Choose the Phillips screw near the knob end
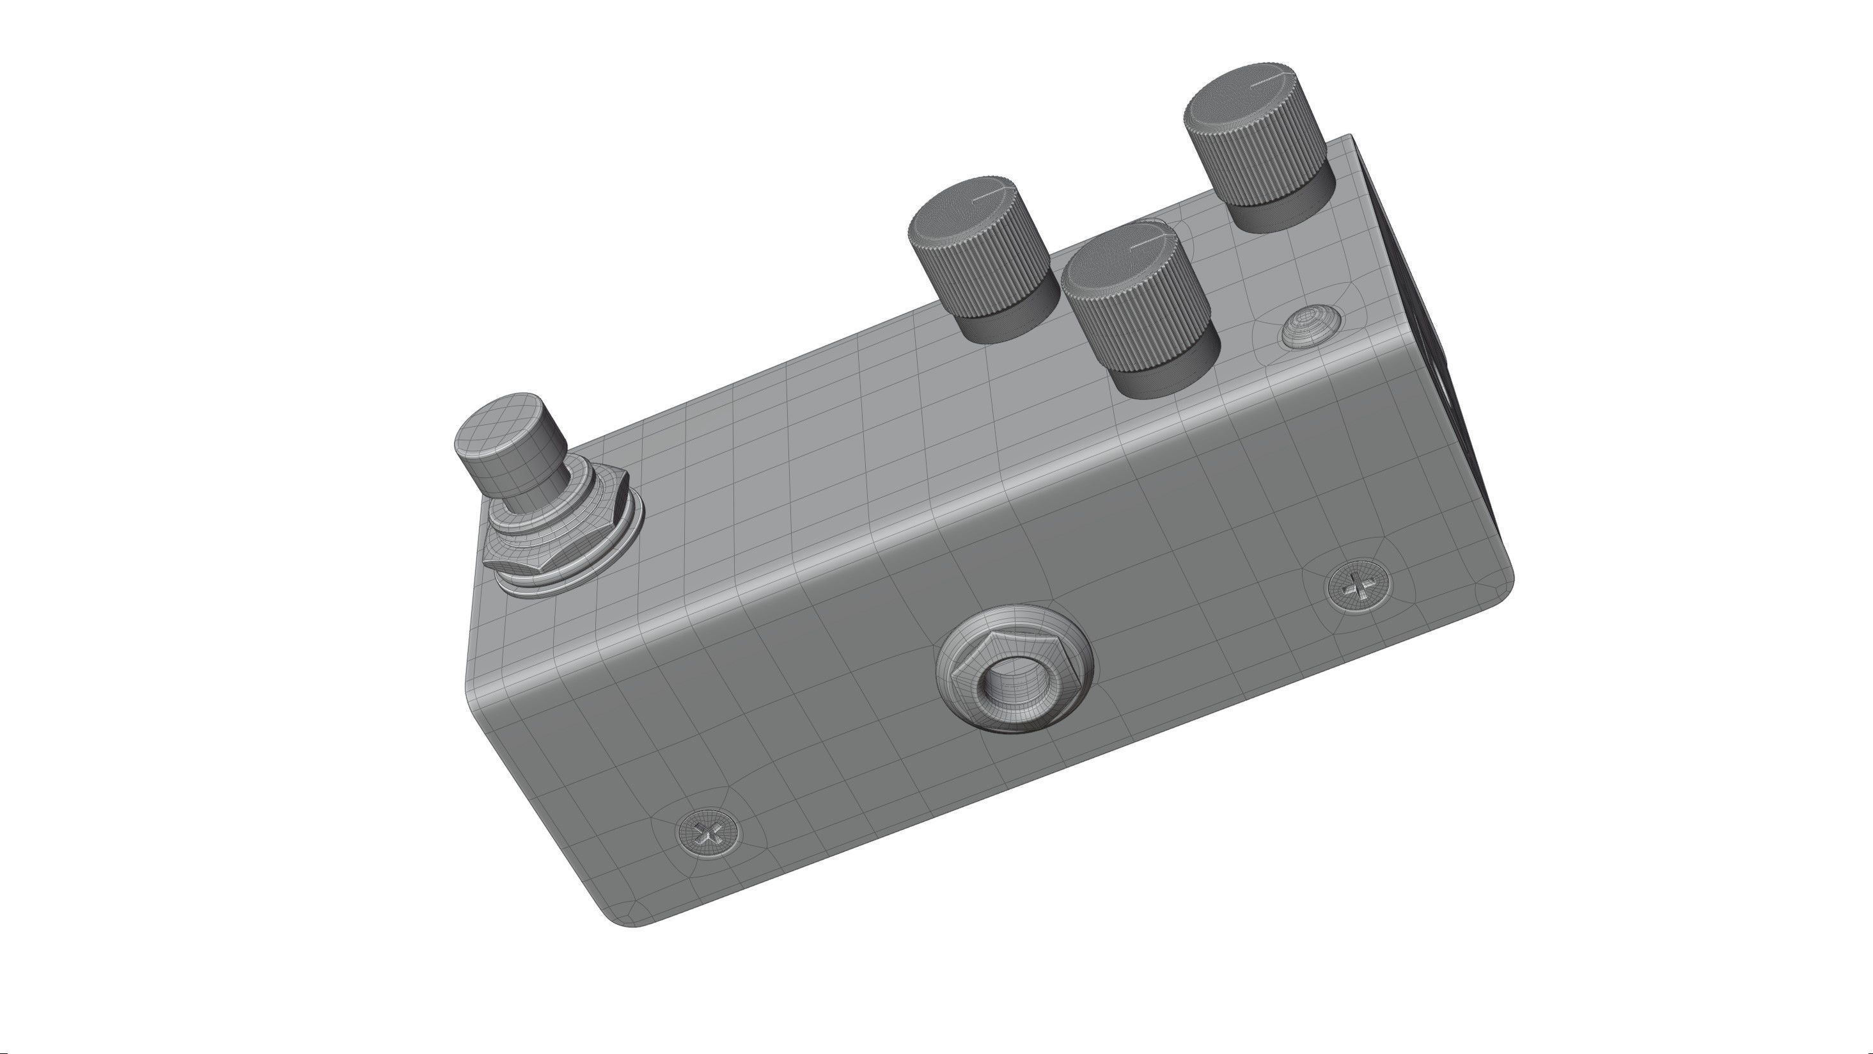[x=1357, y=586]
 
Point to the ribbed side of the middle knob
[x=1141, y=320]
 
